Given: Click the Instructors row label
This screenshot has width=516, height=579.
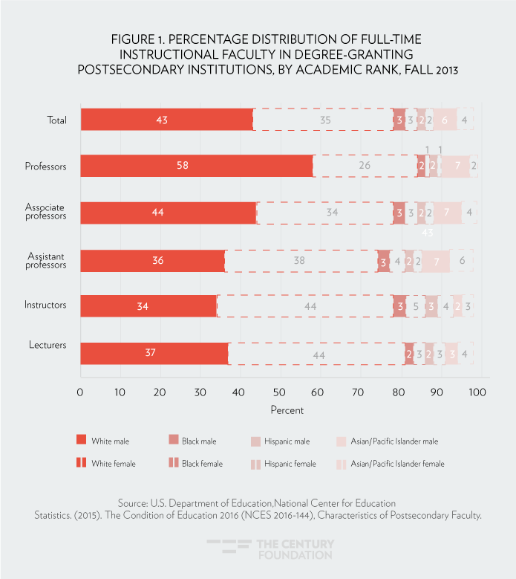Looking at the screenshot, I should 46,305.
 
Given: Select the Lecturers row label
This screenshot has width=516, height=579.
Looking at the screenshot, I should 48,346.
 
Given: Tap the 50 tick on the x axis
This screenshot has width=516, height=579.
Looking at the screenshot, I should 279,392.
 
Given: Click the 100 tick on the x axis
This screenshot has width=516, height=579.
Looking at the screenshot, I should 477,392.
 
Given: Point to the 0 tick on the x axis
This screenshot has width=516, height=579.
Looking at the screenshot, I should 80,392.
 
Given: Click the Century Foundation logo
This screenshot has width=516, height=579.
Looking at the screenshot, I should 270,549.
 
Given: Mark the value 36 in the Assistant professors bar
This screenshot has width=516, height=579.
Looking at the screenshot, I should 157,261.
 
